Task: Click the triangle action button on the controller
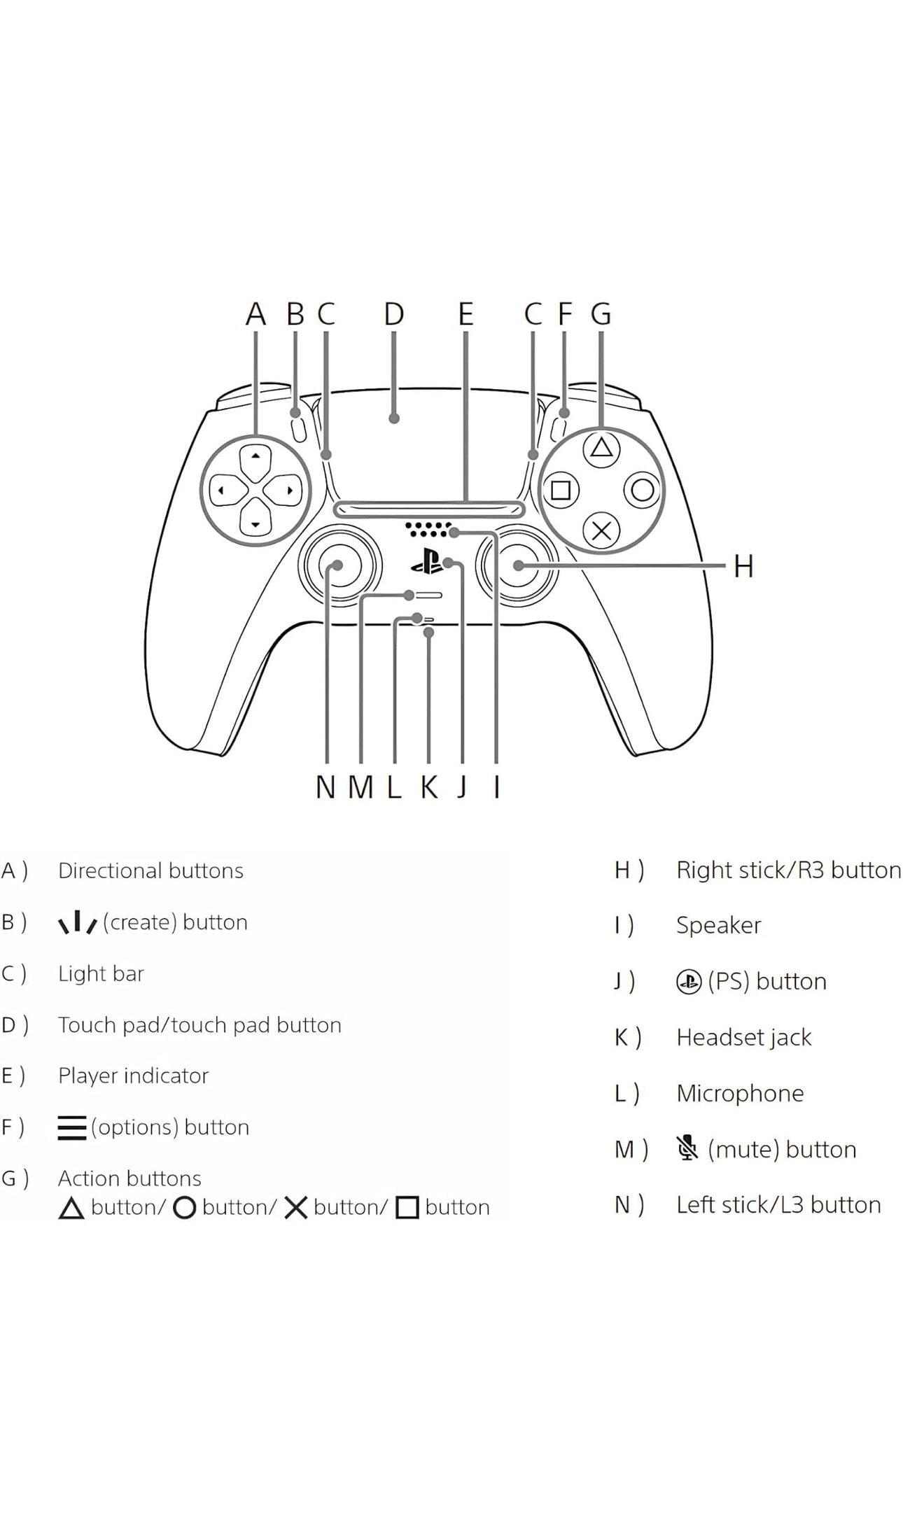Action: click(601, 448)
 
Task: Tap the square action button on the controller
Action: click(561, 490)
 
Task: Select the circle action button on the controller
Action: click(643, 490)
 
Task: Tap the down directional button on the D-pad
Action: click(255, 521)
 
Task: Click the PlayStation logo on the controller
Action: click(426, 561)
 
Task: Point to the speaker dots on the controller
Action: click(428, 529)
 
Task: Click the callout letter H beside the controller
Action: click(743, 566)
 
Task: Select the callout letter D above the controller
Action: click(394, 314)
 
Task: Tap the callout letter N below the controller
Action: click(325, 787)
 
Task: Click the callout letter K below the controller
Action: click(429, 787)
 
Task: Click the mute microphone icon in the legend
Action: click(687, 1148)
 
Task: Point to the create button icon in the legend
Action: click(77, 922)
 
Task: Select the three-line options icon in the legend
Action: click(72, 1127)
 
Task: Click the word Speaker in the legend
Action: click(718, 925)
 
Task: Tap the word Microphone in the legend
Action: click(740, 1093)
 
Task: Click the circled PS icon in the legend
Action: click(689, 982)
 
